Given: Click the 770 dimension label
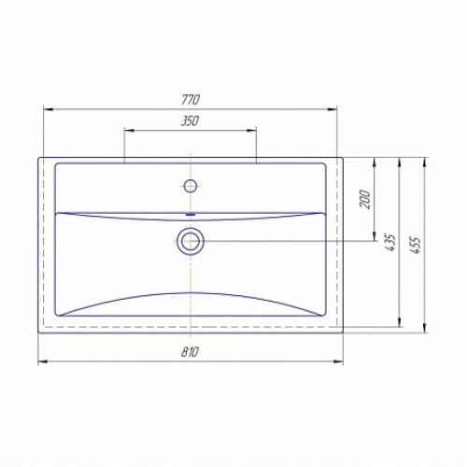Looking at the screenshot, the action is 190,100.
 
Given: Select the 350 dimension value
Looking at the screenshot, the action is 190,120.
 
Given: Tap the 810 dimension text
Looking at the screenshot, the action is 190,352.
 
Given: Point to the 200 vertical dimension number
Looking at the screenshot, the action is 365,199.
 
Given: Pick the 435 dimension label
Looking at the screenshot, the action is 390,243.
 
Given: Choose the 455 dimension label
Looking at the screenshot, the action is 416,245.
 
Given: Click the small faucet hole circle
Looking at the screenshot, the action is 190,186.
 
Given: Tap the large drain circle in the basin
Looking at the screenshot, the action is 191,241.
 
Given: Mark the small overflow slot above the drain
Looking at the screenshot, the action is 191,214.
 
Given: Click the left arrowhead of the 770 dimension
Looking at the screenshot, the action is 49,109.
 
